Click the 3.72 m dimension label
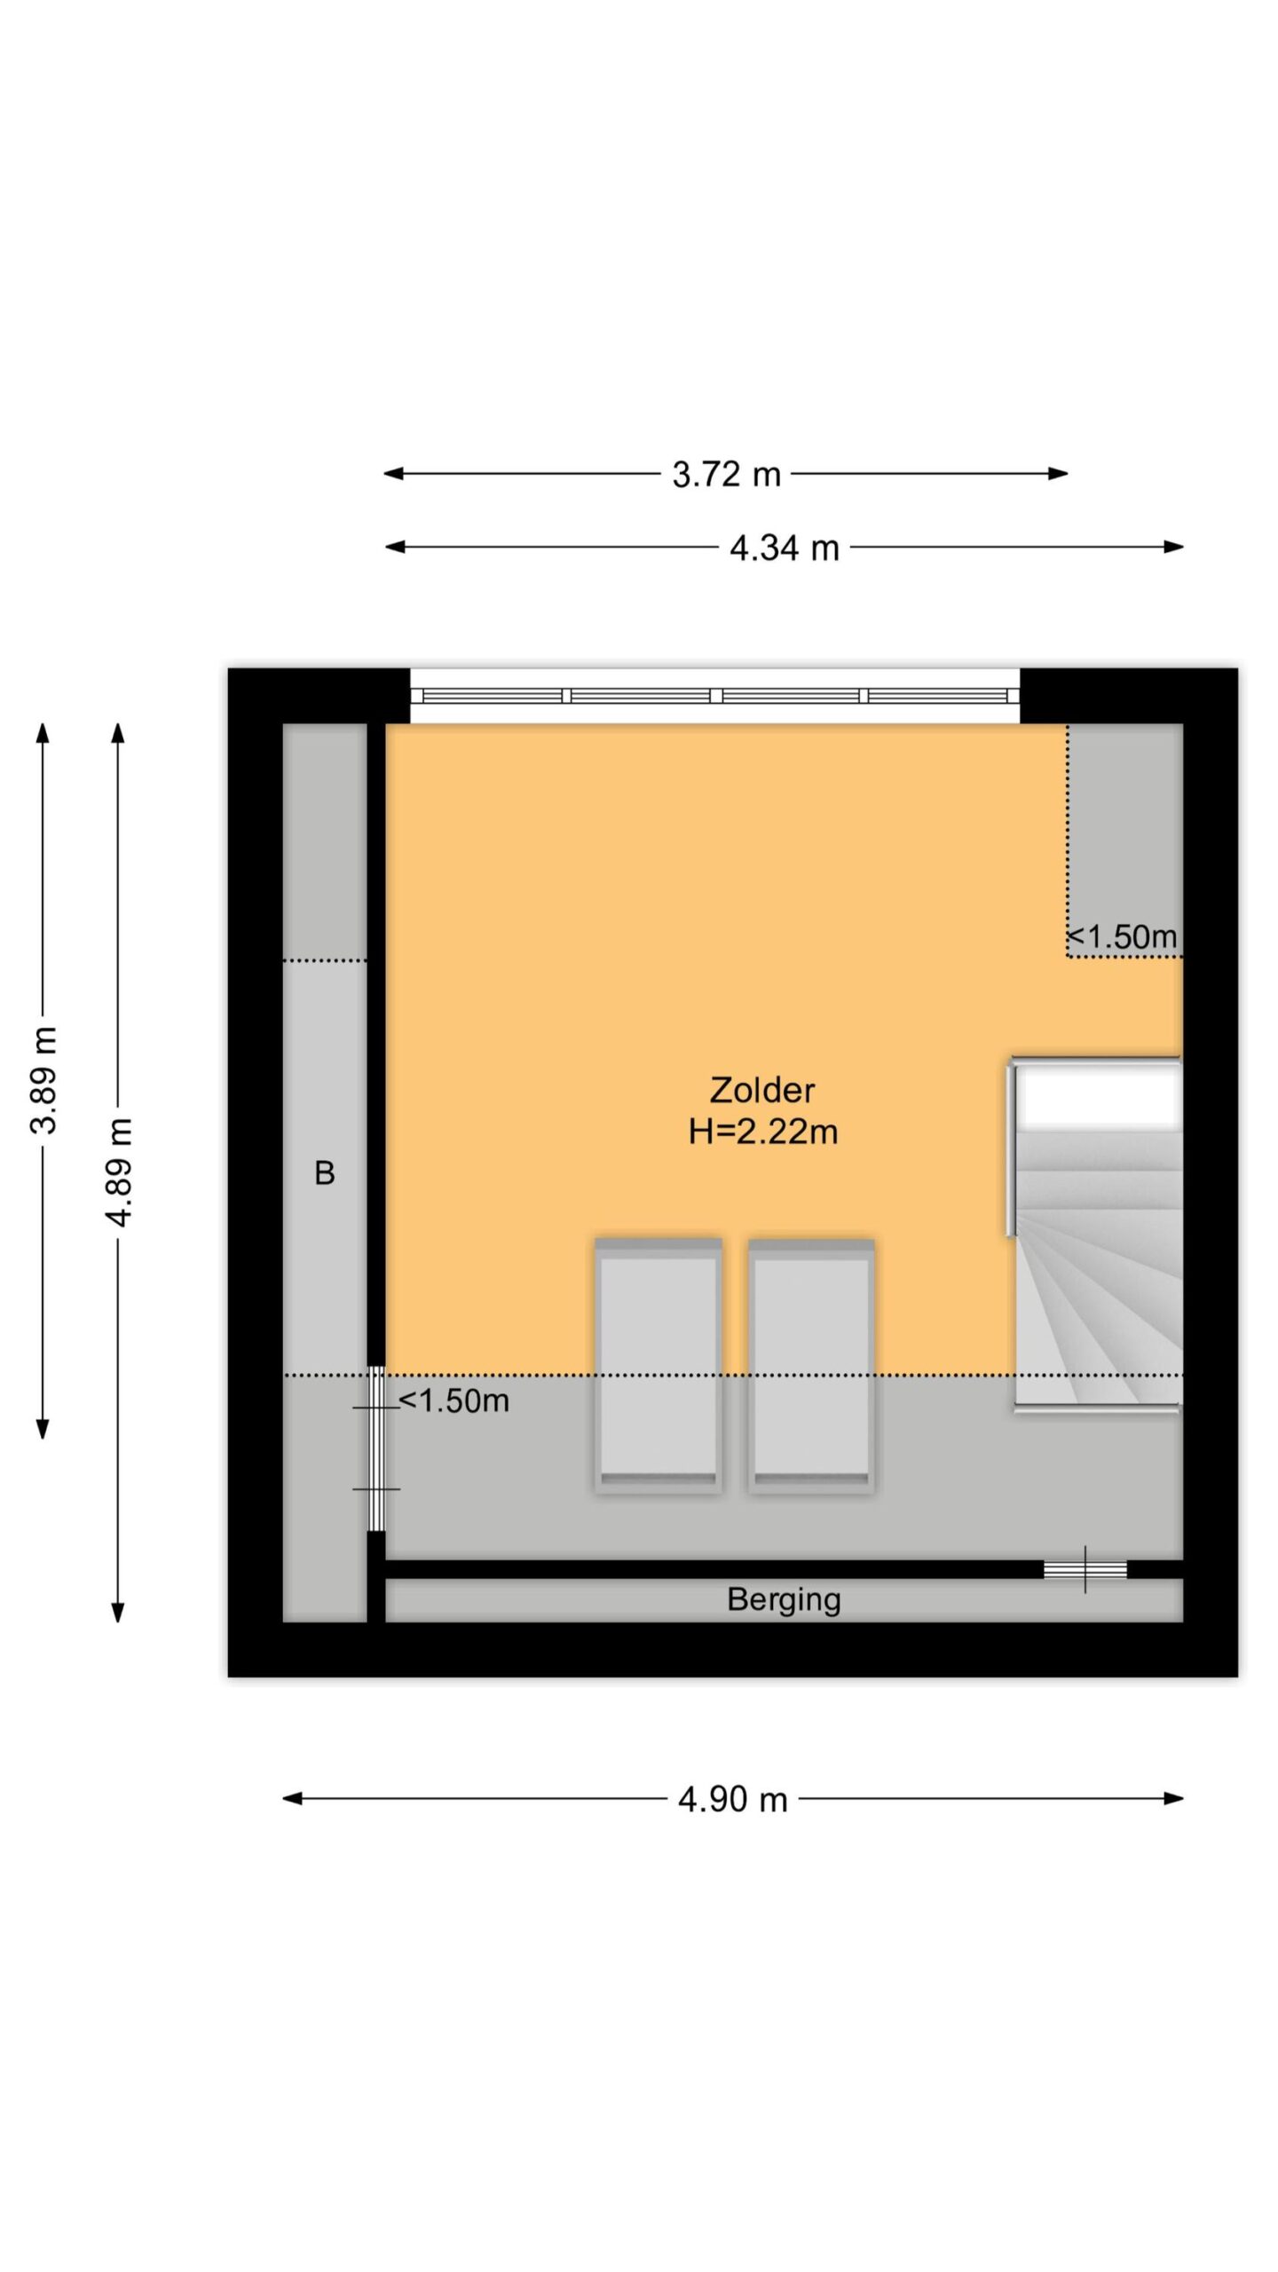[x=726, y=475]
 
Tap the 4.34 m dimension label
[x=785, y=548]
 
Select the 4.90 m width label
[x=733, y=1799]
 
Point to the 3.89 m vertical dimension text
[x=43, y=1079]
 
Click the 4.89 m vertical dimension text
[x=119, y=1172]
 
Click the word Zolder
[x=762, y=1090]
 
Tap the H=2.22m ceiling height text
[x=763, y=1132]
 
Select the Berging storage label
[x=784, y=1599]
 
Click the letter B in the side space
[x=325, y=1173]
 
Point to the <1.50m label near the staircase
[x=1122, y=936]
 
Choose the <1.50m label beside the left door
[x=454, y=1400]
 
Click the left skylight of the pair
[x=658, y=1366]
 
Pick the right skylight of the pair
[x=811, y=1366]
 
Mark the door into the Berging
[x=1085, y=1570]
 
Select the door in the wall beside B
[x=376, y=1448]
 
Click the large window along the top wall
[x=714, y=696]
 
